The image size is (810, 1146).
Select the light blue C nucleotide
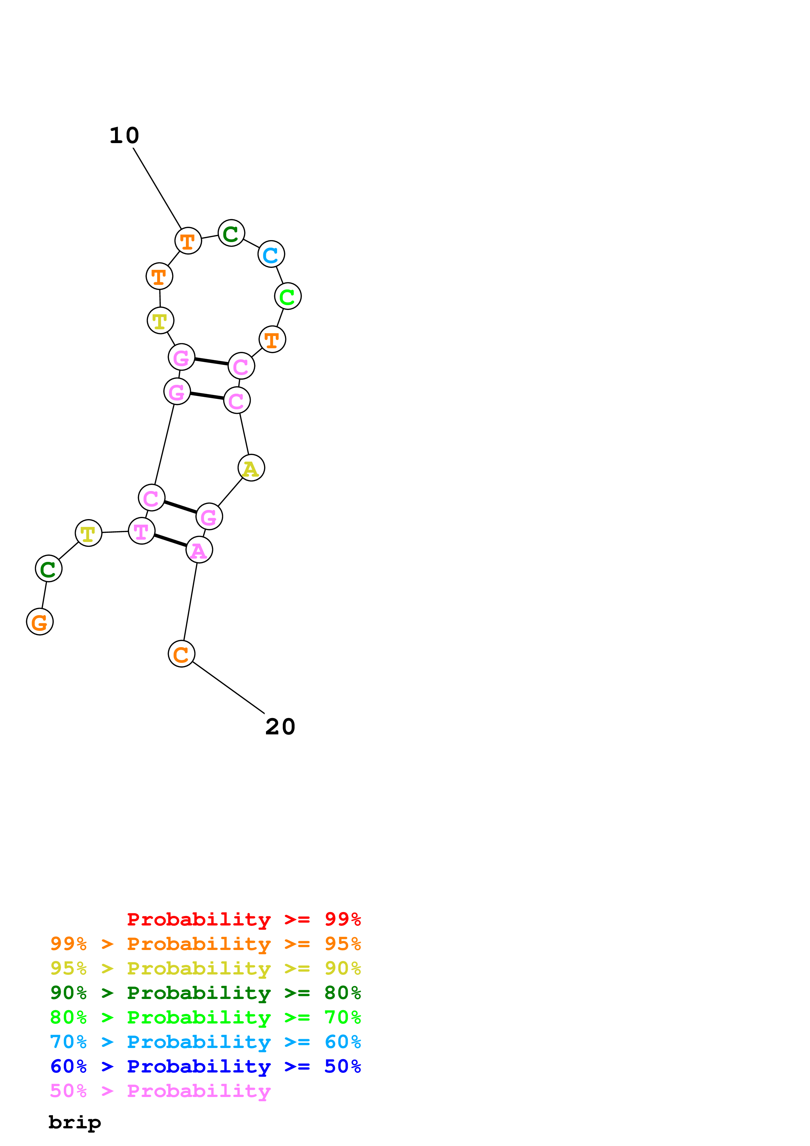271,254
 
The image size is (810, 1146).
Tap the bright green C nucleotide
288,297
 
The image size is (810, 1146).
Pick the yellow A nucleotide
251,468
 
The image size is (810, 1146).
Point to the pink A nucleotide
199,550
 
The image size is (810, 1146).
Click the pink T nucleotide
142,531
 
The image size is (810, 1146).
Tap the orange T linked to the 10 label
188,241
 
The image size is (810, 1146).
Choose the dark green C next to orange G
48,568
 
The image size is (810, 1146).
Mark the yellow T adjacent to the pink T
88,533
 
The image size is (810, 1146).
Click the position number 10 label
124,136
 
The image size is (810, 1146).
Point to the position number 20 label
280,727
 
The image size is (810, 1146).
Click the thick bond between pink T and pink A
170,541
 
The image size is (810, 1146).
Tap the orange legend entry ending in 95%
205,944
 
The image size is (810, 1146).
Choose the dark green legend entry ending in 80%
205,993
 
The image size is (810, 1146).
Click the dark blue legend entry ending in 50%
205,1066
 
